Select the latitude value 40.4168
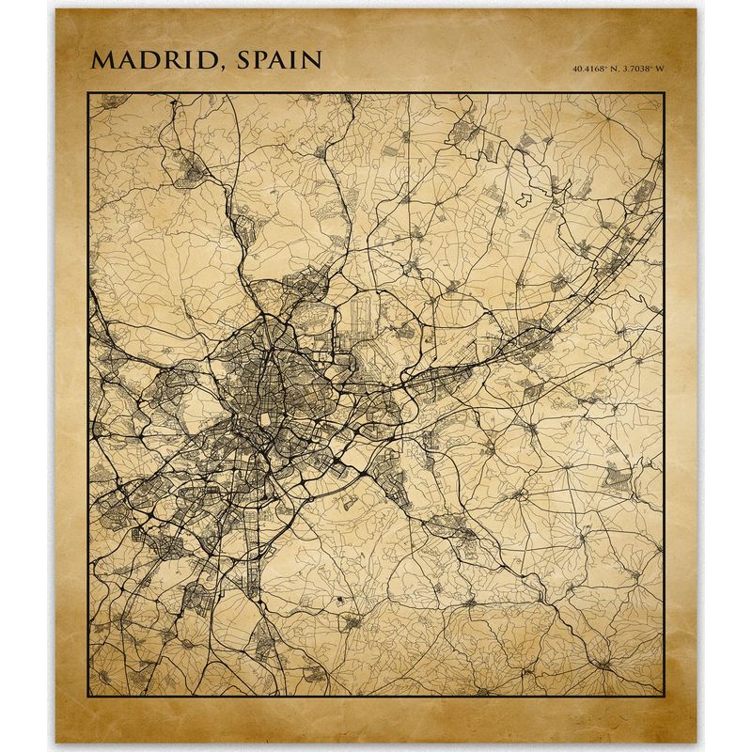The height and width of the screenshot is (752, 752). point(588,69)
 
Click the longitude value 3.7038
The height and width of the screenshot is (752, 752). point(636,69)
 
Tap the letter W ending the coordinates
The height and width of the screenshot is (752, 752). point(660,69)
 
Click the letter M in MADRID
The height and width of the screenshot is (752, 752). point(102,60)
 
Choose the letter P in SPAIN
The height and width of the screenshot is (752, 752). point(263,60)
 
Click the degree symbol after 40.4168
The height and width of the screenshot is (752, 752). point(607,66)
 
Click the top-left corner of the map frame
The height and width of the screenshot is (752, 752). point(88,92)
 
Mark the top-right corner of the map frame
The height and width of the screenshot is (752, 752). point(664,92)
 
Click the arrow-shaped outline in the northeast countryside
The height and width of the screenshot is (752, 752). point(522,200)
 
